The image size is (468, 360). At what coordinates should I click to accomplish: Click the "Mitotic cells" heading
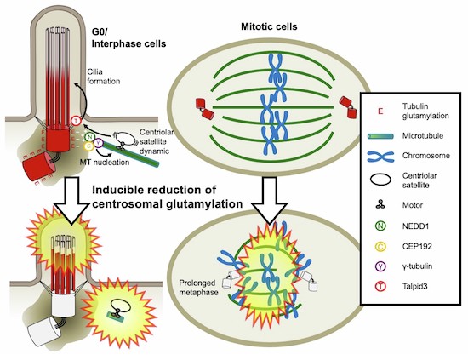pyautogui.click(x=269, y=27)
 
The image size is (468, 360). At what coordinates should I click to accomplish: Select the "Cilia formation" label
pyautogui.click(x=104, y=77)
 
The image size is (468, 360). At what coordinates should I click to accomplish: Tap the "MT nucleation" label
pyautogui.click(x=105, y=162)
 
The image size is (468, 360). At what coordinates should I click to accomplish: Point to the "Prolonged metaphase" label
pyautogui.click(x=198, y=287)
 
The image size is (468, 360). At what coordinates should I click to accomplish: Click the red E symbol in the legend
pyautogui.click(x=380, y=111)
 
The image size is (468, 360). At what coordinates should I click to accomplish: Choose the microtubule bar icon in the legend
pyautogui.click(x=380, y=136)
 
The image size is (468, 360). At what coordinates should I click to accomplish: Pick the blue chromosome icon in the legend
pyautogui.click(x=380, y=156)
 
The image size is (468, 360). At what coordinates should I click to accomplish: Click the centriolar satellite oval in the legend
pyautogui.click(x=380, y=180)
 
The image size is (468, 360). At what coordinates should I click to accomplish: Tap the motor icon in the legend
pyautogui.click(x=380, y=204)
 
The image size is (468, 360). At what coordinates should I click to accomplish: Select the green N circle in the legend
pyautogui.click(x=380, y=226)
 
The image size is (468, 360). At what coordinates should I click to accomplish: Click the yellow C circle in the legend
pyautogui.click(x=381, y=246)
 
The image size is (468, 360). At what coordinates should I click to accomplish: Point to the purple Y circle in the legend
pyautogui.click(x=381, y=266)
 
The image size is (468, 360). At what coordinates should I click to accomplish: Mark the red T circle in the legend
pyautogui.click(x=381, y=287)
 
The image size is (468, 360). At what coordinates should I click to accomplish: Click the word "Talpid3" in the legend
pyautogui.click(x=415, y=287)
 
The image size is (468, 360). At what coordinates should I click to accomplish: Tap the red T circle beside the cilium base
pyautogui.click(x=77, y=121)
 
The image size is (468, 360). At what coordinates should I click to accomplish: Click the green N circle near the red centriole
pyautogui.click(x=89, y=137)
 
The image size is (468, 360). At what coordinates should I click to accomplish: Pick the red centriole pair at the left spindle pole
pyautogui.click(x=205, y=109)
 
